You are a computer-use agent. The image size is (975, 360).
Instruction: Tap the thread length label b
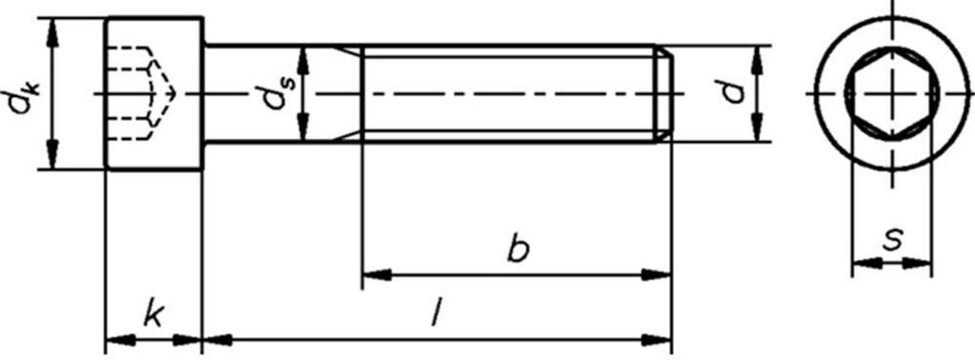(517, 250)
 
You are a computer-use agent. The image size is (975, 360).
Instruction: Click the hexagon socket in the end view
(891, 92)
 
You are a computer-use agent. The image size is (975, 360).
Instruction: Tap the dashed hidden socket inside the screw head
(143, 92)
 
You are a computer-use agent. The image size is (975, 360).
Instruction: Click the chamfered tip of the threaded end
(667, 93)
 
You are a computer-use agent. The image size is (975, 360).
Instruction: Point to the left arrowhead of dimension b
(374, 274)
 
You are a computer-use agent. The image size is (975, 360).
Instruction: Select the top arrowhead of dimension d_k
(53, 29)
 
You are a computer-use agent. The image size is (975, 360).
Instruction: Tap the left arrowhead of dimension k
(115, 337)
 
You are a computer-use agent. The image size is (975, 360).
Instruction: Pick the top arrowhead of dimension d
(757, 57)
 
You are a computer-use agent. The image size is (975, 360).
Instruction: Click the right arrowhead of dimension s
(920, 263)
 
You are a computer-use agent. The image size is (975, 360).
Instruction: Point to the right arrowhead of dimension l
(659, 337)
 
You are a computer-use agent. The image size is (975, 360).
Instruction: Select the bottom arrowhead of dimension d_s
(304, 129)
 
